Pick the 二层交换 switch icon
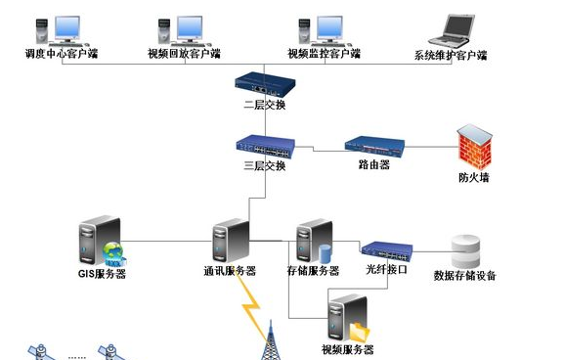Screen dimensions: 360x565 point(264,83)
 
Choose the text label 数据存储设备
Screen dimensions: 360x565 point(465,276)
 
